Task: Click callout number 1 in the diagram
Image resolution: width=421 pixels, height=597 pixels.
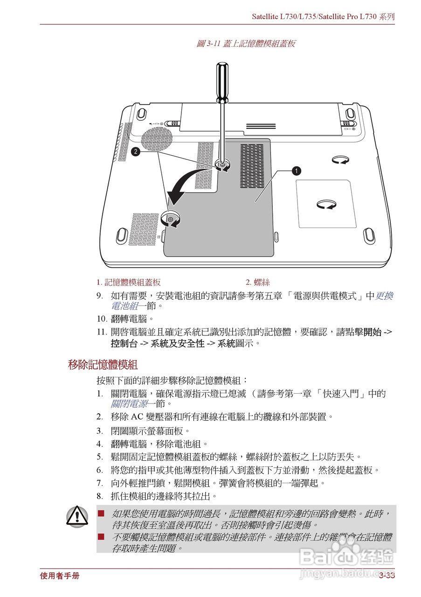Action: [297, 171]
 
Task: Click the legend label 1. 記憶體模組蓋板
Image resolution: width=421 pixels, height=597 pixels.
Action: [129, 282]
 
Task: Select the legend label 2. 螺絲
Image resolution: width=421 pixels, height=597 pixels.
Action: [258, 282]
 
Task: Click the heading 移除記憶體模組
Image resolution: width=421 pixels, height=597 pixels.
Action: [103, 365]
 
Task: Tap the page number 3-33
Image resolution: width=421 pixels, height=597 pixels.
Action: [386, 576]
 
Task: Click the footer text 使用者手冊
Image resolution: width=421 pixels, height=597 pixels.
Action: [60, 576]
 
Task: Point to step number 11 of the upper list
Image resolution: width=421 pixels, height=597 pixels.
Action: [102, 332]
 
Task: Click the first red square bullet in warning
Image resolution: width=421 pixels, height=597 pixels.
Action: [101, 513]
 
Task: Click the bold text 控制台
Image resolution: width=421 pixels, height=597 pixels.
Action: [124, 344]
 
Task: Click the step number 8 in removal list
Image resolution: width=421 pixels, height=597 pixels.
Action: [100, 496]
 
